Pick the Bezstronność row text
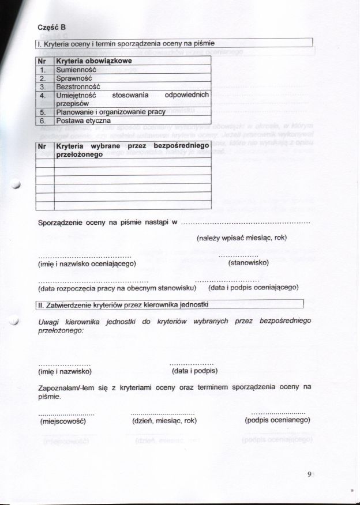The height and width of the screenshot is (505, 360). pyautogui.click(x=76, y=86)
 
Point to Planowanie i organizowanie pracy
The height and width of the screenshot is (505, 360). pyautogui.click(x=111, y=112)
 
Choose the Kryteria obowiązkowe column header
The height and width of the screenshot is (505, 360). pyautogui.click(x=94, y=61)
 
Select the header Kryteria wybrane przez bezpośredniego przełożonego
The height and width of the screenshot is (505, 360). pyautogui.click(x=132, y=151)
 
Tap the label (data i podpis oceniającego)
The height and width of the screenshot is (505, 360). pyautogui.click(x=253, y=287)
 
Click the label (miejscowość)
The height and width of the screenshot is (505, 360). pyautogui.click(x=62, y=421)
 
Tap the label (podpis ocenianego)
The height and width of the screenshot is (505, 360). pyautogui.click(x=277, y=420)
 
